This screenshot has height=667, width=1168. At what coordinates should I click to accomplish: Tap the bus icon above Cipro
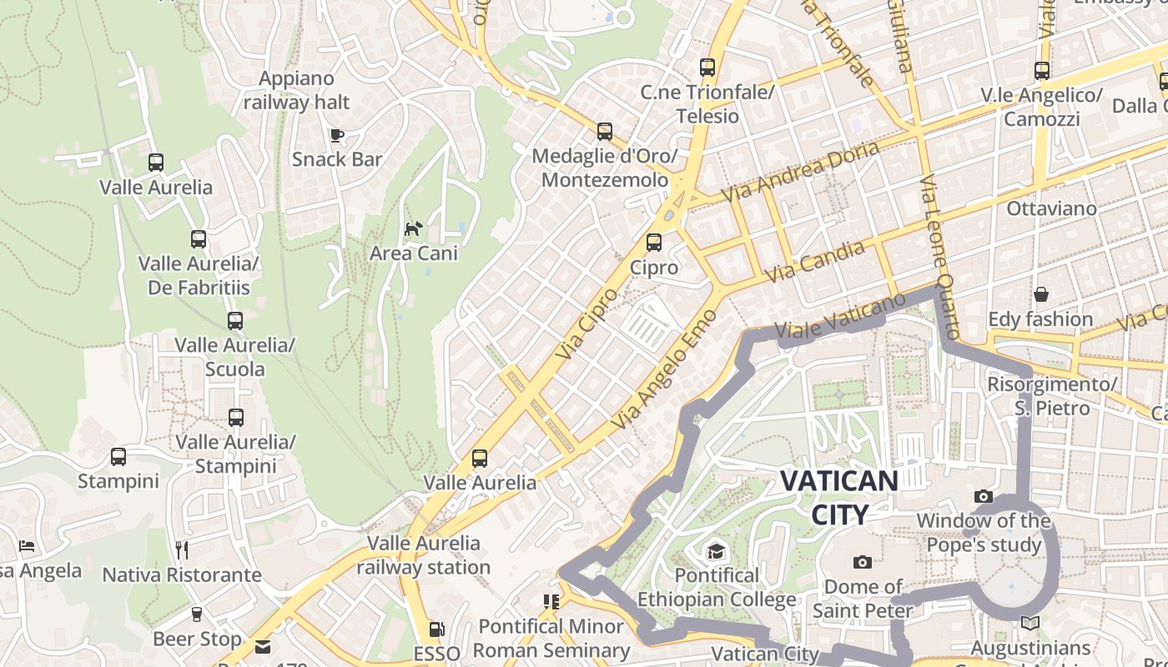654,243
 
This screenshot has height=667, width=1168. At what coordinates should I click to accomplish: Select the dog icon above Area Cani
414,228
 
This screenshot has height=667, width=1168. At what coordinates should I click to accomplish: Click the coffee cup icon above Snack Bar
337,135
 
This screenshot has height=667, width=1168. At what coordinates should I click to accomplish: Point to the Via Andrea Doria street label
800,171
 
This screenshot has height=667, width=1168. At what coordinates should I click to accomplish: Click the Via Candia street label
815,261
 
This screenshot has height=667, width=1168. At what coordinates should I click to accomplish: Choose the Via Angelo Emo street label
664,369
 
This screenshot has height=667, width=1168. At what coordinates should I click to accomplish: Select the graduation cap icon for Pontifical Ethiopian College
716,551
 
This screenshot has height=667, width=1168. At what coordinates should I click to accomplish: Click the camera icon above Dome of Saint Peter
863,562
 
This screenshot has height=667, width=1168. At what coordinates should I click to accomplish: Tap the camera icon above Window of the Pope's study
984,497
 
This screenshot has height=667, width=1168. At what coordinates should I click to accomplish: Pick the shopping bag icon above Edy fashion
1041,294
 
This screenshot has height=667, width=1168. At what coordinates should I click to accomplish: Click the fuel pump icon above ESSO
436,629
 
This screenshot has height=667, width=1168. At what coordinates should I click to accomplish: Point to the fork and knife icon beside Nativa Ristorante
182,549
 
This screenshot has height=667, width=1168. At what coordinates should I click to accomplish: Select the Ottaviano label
1052,208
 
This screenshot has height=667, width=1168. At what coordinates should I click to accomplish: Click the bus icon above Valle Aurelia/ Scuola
235,320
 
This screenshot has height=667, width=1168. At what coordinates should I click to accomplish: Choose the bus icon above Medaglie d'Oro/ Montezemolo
605,132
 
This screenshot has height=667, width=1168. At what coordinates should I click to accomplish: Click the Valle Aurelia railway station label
424,555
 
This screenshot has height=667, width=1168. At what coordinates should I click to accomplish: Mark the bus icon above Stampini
118,457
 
